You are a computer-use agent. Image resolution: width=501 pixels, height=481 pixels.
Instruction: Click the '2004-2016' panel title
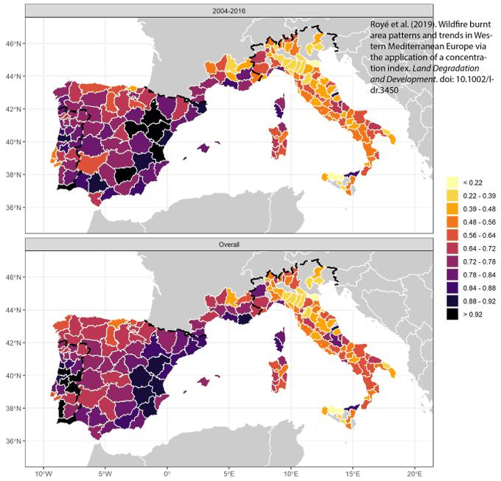click(228, 10)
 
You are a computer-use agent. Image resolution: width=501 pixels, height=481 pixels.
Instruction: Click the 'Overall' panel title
click(228, 243)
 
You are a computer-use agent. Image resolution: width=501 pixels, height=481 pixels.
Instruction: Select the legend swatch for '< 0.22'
click(452, 181)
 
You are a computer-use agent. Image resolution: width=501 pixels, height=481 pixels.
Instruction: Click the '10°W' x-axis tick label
click(43, 473)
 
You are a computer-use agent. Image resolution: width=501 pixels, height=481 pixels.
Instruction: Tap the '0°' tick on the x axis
click(167, 473)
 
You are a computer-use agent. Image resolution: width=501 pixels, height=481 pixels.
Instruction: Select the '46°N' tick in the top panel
click(14, 43)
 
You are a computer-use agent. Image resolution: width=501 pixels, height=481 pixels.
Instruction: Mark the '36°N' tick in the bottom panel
click(14, 441)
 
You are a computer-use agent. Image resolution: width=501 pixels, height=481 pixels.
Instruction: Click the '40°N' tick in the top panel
click(14, 142)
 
